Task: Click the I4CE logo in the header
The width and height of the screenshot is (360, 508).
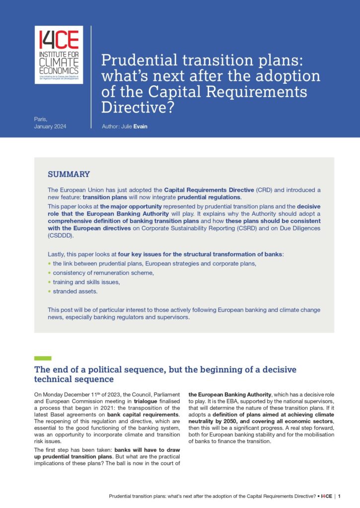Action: (59, 55)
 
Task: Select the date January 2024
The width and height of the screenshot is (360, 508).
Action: (50, 127)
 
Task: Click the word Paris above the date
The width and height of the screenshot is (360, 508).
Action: (40, 119)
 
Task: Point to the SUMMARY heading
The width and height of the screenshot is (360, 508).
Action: (69, 174)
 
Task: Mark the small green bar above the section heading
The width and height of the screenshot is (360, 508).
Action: (43, 358)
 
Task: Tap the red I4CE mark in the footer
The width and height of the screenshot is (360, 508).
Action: (326, 496)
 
